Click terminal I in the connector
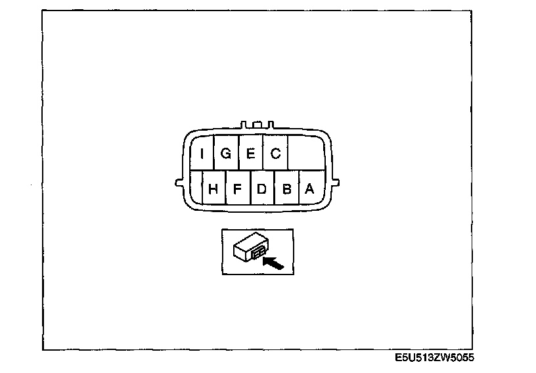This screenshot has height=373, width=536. click(x=202, y=154)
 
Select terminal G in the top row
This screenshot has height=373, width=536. click(x=226, y=154)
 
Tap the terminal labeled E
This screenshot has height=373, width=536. click(x=250, y=154)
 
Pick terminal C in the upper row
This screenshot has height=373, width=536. click(x=275, y=154)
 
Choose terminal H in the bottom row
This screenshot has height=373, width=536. click(x=213, y=188)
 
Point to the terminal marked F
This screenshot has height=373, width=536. click(x=238, y=188)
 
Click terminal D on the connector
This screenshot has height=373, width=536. click(x=261, y=188)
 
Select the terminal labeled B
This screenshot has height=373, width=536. click(x=286, y=188)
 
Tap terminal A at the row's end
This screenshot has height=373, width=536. click(x=310, y=188)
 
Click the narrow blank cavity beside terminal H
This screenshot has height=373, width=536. click(x=195, y=188)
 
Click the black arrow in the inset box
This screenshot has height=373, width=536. click(x=273, y=263)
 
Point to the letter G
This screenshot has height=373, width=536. click(x=226, y=154)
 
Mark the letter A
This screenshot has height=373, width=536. click(x=310, y=188)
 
